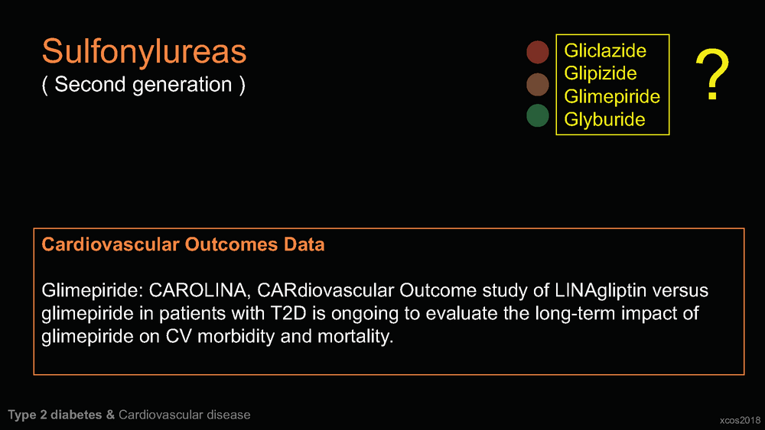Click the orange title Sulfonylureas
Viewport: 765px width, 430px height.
click(145, 51)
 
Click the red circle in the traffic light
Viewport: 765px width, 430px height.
click(538, 52)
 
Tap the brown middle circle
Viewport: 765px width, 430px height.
click(538, 84)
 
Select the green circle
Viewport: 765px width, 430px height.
click(538, 116)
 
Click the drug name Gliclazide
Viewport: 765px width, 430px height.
click(605, 50)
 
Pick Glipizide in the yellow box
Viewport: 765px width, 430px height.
click(600, 73)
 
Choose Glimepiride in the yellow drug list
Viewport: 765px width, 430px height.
click(612, 96)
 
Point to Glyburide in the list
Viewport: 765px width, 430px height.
click(604, 119)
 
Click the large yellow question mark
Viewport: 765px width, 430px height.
click(712, 74)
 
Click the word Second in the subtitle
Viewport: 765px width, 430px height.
click(90, 84)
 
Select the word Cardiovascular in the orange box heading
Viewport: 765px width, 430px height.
click(110, 244)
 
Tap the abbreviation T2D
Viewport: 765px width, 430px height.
click(288, 313)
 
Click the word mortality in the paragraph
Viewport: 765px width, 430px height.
click(355, 337)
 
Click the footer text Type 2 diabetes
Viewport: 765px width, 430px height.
click(54, 415)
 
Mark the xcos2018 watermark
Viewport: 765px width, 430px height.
click(740, 420)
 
